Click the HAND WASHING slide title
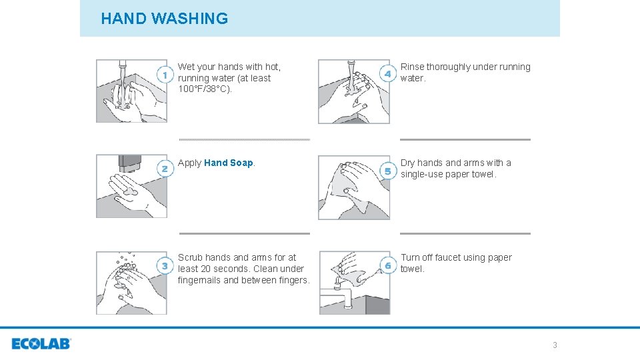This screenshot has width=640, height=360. pos(164,19)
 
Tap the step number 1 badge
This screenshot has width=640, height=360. pos(165,75)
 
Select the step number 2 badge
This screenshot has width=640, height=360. pos(165,169)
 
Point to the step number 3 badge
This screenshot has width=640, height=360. pos(165,266)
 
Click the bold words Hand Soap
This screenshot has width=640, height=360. pos(229,163)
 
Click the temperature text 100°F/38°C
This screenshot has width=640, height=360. pos(205,89)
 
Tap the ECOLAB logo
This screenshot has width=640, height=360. pos(41,344)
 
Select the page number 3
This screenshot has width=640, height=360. pos(555,345)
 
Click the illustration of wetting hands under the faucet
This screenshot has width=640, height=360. pos(131,91)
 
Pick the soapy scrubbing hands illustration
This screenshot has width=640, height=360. pos(131,282)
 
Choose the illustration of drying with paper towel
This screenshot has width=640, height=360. pos(353,187)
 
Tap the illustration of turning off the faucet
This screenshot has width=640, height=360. pos(354,282)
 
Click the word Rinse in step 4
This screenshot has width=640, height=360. pos(412,67)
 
